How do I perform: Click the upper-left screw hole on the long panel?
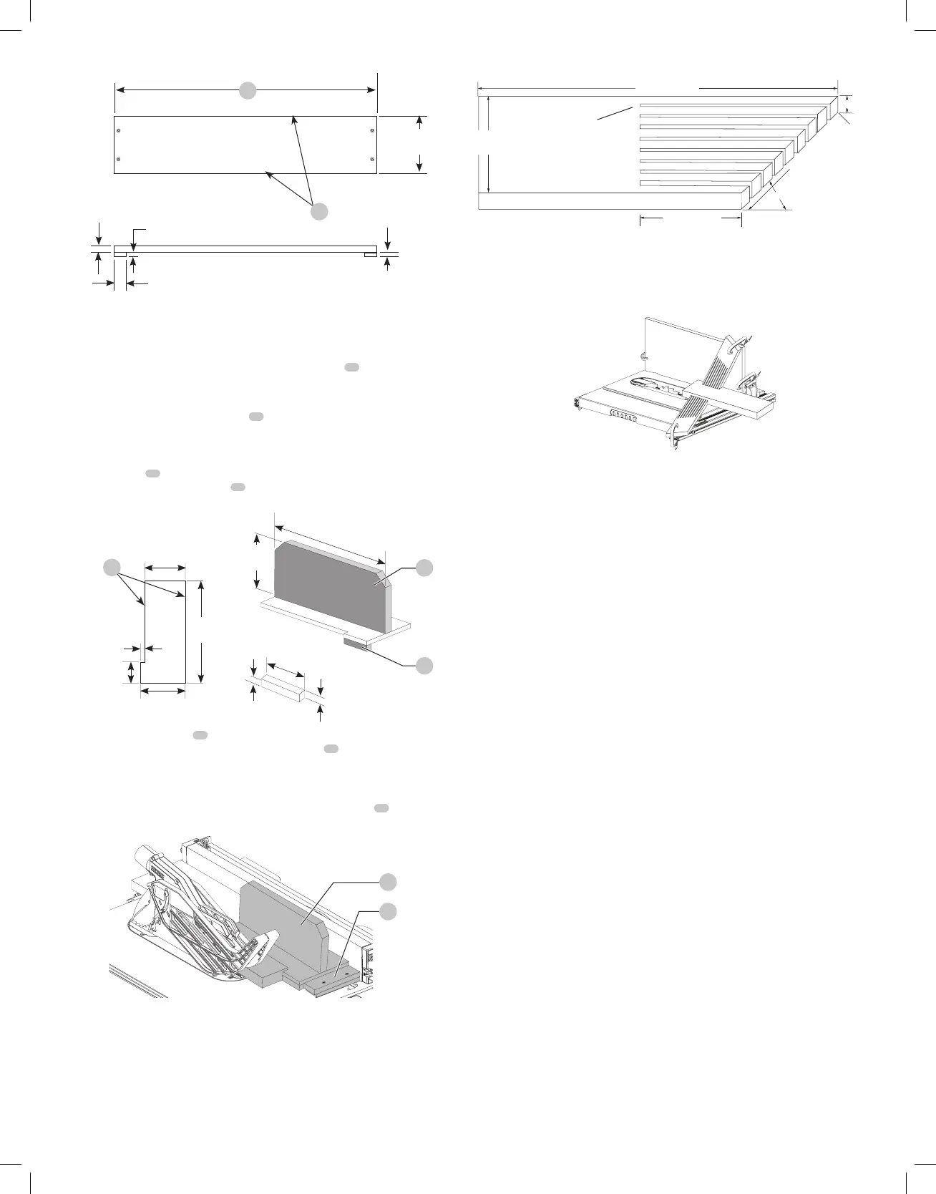[119, 130]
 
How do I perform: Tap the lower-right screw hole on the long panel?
[371, 158]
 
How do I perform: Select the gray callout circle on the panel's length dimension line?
[248, 90]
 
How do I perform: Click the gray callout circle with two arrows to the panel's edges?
[319, 211]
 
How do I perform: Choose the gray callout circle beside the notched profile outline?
[111, 567]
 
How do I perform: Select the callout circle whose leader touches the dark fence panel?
[424, 567]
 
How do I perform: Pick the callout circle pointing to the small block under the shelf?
[424, 665]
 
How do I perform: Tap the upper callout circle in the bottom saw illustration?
[387, 881]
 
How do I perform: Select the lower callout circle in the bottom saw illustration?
[387, 911]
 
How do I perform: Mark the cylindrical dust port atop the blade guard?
[146, 858]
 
